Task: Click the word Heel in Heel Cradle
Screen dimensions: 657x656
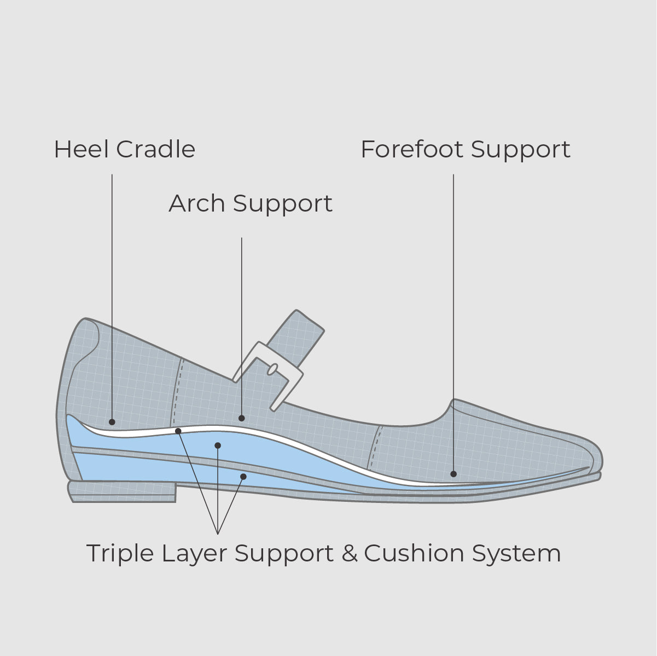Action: [82, 149]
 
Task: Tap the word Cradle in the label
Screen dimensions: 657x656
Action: [156, 149]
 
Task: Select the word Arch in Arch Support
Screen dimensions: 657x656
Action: [197, 203]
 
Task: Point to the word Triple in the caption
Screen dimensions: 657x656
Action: [120, 554]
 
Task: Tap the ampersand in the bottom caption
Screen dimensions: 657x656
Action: [350, 553]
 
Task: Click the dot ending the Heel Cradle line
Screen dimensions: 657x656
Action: [112, 422]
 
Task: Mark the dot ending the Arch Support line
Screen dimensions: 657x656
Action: [241, 418]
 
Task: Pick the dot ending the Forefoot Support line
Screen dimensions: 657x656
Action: [453, 474]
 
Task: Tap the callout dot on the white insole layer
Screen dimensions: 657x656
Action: [178, 431]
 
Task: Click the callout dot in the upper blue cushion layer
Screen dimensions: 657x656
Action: [218, 446]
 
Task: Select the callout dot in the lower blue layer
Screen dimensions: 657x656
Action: [243, 476]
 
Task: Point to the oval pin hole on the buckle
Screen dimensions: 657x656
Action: [272, 370]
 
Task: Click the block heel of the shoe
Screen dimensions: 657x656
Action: [123, 492]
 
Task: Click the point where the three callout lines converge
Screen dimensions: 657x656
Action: [218, 534]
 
